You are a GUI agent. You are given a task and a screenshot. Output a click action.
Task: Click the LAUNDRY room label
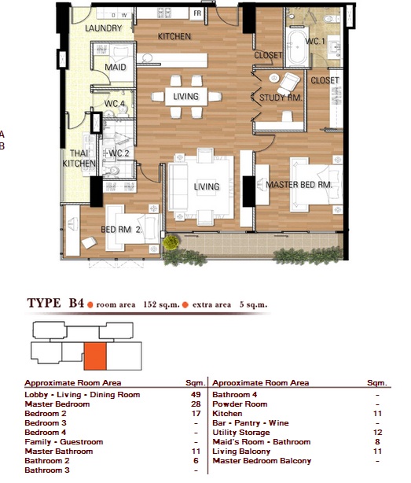(104, 28)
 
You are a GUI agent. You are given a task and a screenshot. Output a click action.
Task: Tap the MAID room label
(116, 67)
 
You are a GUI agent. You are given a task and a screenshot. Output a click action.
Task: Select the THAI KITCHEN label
(79, 158)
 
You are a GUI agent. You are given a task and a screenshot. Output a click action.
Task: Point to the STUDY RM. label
(281, 98)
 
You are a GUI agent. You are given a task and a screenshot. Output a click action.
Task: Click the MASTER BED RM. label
(299, 185)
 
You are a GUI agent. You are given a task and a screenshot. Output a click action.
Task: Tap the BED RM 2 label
(121, 230)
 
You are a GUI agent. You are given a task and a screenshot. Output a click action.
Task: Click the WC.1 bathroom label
(314, 41)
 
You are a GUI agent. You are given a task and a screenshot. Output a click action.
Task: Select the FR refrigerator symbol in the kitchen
(197, 13)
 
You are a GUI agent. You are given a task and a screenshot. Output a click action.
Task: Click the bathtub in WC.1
(297, 47)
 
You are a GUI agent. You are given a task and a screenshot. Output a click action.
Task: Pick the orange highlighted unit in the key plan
(95, 356)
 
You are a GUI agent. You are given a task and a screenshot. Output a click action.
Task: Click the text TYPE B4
(55, 303)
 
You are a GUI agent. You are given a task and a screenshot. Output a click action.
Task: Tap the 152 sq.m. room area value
(162, 304)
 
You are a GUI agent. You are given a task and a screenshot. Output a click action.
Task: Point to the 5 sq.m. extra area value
(254, 304)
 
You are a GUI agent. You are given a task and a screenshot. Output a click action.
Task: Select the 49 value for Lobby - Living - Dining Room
(196, 395)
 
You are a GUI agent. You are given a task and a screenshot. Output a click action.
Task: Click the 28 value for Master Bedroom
(196, 404)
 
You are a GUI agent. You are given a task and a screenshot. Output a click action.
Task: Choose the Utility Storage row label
(241, 433)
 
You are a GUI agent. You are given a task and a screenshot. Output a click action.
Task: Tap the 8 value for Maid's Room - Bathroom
(377, 442)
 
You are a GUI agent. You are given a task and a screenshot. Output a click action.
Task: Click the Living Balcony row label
(241, 452)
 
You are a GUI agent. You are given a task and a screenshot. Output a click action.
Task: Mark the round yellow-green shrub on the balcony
(171, 242)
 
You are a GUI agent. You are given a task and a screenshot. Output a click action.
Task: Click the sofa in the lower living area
(178, 187)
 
